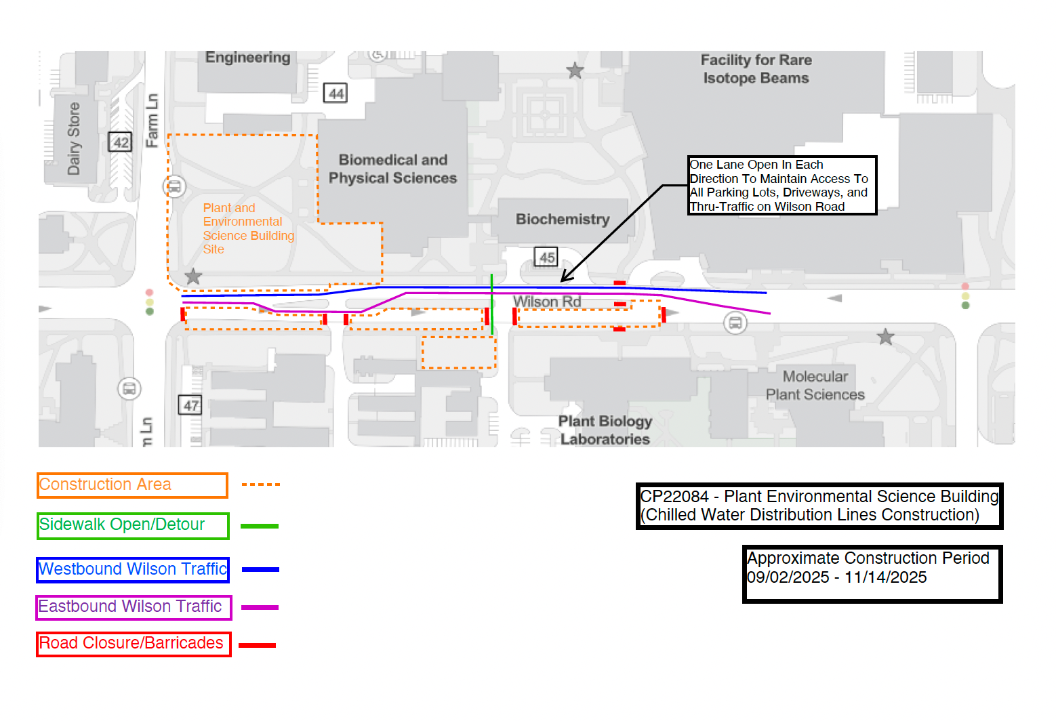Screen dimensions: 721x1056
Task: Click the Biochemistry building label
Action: pos(563,220)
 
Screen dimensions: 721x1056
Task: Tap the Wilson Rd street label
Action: pos(547,302)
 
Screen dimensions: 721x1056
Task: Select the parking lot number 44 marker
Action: pos(336,94)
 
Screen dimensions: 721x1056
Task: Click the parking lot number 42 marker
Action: pos(120,142)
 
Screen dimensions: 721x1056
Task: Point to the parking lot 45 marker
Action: pos(546,257)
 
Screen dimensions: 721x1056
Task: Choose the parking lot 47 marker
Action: pos(190,405)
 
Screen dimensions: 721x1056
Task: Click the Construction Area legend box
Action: pos(132,485)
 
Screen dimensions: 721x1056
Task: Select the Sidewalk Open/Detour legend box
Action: pos(133,526)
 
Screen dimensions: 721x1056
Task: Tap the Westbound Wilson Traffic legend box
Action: pos(133,570)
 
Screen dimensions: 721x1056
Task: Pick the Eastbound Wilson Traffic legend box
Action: pos(134,607)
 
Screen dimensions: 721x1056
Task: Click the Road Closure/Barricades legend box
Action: pos(134,644)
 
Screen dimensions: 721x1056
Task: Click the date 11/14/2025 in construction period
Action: pos(885,577)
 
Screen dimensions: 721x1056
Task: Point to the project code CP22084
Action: pos(674,497)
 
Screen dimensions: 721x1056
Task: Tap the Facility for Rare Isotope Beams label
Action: pos(756,69)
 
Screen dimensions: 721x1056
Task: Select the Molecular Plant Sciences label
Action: pos(815,386)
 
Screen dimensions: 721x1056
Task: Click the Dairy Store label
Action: pos(74,139)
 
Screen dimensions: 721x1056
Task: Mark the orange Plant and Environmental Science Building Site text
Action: pos(247,229)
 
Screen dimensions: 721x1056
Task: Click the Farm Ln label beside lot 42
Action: pos(152,121)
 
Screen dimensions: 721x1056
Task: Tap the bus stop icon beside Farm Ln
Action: pos(174,186)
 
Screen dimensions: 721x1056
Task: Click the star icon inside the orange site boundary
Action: pos(194,276)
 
